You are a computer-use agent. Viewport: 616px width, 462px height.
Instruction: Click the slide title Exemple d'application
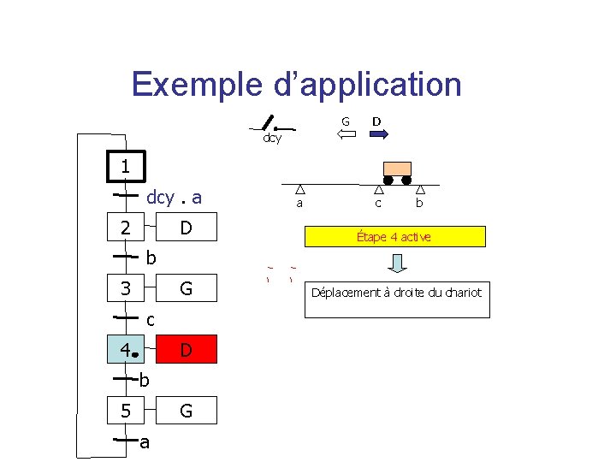[297, 85]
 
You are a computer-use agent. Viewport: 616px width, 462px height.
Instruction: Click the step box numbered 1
[125, 167]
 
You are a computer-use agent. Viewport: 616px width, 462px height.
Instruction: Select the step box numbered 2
[125, 228]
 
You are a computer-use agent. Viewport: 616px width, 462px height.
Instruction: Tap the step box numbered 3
[125, 289]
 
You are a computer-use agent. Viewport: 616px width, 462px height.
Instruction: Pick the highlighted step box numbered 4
[125, 350]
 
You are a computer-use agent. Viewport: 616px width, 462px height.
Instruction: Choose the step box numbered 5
[125, 412]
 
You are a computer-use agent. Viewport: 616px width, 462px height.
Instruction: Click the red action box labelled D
[186, 350]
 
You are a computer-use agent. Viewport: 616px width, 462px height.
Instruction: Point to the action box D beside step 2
[186, 228]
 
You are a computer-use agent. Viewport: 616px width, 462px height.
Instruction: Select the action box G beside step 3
[186, 289]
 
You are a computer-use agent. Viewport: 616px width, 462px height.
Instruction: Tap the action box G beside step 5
[186, 412]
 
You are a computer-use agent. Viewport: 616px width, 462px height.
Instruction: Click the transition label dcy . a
[175, 198]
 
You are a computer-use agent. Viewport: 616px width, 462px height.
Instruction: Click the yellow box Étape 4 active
[394, 236]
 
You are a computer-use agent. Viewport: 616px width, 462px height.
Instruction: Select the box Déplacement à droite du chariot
[397, 293]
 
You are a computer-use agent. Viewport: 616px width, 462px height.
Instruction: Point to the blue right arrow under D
[379, 134]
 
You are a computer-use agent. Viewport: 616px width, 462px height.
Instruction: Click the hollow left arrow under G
[346, 134]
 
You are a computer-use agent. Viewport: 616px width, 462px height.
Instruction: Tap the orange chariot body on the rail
[396, 169]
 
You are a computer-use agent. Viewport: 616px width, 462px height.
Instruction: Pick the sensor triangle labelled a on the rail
[299, 190]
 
